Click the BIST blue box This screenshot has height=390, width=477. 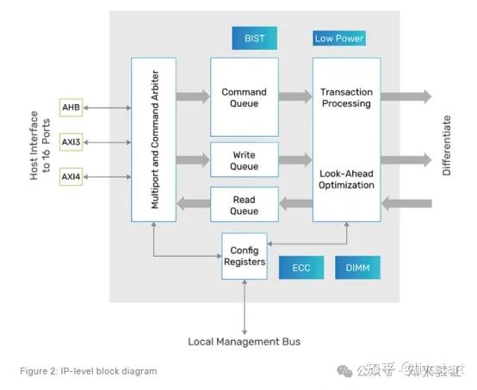(254, 38)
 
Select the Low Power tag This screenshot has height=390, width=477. (339, 38)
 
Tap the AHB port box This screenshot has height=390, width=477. (71, 107)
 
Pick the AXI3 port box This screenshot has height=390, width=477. (71, 142)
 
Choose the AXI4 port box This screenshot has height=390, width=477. (71, 177)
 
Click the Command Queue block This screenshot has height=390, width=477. (245, 97)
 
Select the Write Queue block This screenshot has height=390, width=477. (245, 160)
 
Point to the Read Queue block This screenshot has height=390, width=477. (245, 205)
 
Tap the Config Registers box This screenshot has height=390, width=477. (245, 256)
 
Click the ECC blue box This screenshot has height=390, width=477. (300, 268)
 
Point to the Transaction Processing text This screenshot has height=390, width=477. (345, 97)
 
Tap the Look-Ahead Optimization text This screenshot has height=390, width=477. (345, 179)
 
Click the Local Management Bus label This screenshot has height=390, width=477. (245, 342)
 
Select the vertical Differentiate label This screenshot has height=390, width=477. (447, 145)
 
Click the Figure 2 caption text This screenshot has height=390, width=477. (89, 371)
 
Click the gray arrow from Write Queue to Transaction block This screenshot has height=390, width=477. (295, 159)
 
